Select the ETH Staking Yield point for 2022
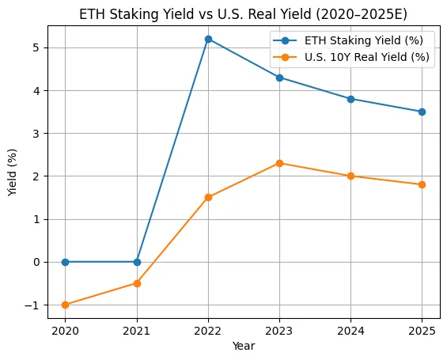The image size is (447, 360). coord(208,39)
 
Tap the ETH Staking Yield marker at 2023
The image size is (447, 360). coord(279,78)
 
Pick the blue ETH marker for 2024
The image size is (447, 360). coord(350,99)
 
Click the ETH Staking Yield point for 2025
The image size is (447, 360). coord(422,112)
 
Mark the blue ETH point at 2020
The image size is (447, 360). coord(65,262)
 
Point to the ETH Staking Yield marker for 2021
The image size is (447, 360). coord(137,262)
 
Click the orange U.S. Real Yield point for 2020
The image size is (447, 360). coord(65,305)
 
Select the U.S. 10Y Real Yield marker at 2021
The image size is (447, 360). coord(137,283)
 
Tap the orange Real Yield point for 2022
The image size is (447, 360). coord(208,197)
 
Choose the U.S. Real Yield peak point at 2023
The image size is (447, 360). coord(279,163)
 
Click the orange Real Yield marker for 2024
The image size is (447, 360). coord(350,176)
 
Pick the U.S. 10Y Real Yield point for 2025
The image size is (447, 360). coord(422,184)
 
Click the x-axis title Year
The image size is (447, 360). coord(244,346)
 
